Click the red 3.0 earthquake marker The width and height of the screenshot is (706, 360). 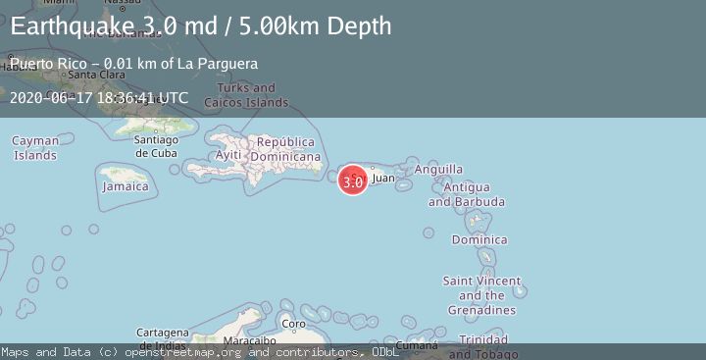(x=353, y=181)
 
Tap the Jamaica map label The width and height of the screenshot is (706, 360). (x=126, y=186)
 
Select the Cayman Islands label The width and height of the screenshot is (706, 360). (x=35, y=148)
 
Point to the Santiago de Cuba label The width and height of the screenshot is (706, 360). (x=155, y=145)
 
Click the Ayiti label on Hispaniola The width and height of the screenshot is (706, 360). (x=228, y=156)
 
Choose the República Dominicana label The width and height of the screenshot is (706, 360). (x=286, y=149)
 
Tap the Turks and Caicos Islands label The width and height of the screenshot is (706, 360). (x=246, y=95)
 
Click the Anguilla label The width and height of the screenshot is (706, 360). (x=438, y=170)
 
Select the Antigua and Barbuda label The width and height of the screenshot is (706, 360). (x=467, y=194)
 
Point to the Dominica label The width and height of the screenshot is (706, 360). (x=479, y=240)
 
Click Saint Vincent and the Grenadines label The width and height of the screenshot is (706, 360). (x=481, y=295)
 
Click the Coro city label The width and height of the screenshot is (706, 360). (x=293, y=324)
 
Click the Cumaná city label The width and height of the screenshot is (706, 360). (x=417, y=345)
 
